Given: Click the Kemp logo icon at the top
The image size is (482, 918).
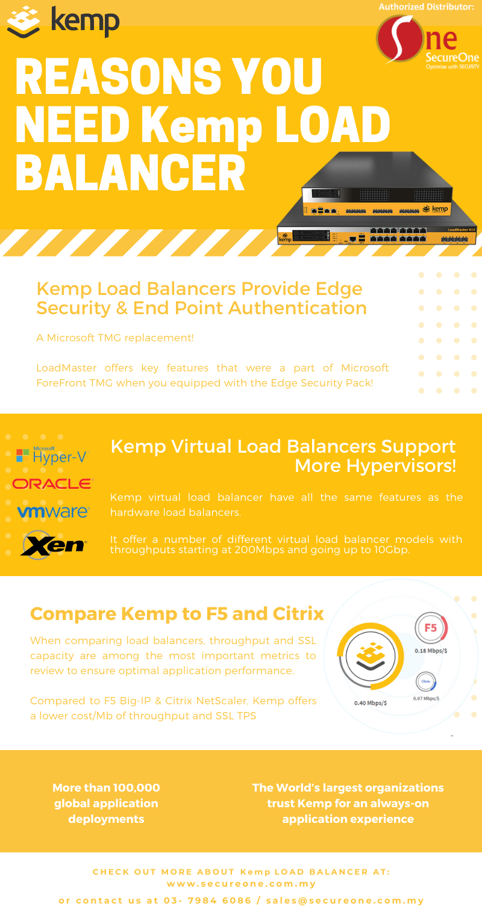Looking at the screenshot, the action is tap(23, 22).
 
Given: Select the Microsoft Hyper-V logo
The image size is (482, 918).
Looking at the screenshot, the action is tap(52, 455).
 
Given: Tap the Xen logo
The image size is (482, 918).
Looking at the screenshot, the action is tap(54, 545).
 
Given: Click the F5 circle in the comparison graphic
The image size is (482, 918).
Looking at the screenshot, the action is tap(431, 628).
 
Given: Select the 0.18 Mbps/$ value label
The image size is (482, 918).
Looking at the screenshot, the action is tap(431, 651).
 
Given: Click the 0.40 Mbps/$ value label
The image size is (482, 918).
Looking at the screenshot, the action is tap(371, 703).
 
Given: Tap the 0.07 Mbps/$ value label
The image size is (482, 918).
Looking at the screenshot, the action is tap(426, 698).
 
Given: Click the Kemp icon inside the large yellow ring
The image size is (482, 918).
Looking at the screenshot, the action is tap(371, 656).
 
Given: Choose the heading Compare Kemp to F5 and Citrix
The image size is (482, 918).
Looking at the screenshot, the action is tap(177, 614).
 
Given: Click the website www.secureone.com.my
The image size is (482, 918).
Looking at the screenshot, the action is tap(241, 884).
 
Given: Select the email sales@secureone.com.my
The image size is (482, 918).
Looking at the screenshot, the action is tap(345, 901).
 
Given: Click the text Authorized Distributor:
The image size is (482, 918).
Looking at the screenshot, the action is tap(426, 7).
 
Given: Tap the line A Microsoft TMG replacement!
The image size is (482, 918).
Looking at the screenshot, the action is tap(115, 338).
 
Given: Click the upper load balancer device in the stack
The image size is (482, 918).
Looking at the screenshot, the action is tap(377, 184).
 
